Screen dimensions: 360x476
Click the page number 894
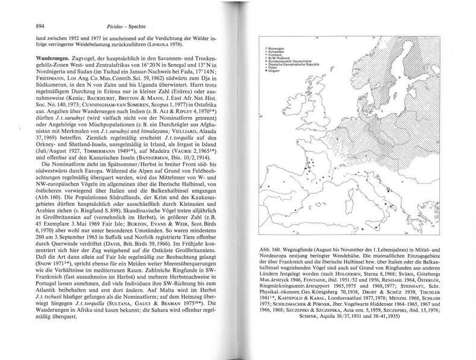25,26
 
